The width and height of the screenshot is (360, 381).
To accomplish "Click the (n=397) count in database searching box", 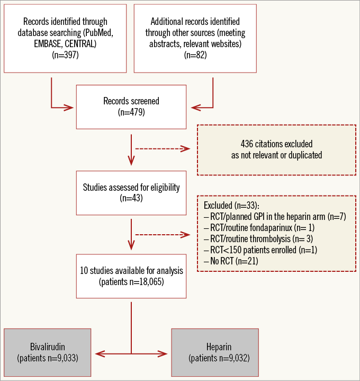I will [65, 55].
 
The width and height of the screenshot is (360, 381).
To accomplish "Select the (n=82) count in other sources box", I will [195, 55].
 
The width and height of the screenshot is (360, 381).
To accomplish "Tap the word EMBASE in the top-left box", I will [46, 43].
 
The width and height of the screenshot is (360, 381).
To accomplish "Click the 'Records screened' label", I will [131, 101].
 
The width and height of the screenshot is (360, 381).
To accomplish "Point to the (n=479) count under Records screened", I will [131, 112].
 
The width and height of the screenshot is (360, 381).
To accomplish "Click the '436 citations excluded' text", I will [276, 144].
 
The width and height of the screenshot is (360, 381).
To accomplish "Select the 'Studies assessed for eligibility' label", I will [131, 187].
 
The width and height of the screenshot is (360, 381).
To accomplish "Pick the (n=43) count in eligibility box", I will [131, 199].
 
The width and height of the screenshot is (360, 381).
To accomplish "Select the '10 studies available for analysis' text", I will [132, 270].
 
